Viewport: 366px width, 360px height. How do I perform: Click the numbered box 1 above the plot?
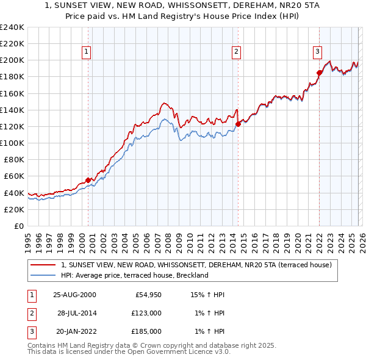(x=87, y=52)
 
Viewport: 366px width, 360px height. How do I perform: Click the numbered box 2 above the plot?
(x=236, y=52)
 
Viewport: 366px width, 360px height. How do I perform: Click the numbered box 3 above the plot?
(x=318, y=52)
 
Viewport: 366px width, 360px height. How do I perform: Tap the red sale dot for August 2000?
(x=88, y=180)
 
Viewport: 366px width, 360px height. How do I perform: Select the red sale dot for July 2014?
(x=238, y=124)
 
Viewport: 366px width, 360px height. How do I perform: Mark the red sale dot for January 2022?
(x=319, y=73)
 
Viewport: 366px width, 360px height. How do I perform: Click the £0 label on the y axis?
(x=18, y=226)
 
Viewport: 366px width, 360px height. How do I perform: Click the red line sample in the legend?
(x=43, y=265)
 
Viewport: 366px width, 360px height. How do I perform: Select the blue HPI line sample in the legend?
(x=43, y=275)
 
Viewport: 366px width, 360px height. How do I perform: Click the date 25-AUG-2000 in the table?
(x=74, y=295)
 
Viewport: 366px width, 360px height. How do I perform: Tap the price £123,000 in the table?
(x=146, y=313)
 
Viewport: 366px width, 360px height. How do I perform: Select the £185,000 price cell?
(x=146, y=331)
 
